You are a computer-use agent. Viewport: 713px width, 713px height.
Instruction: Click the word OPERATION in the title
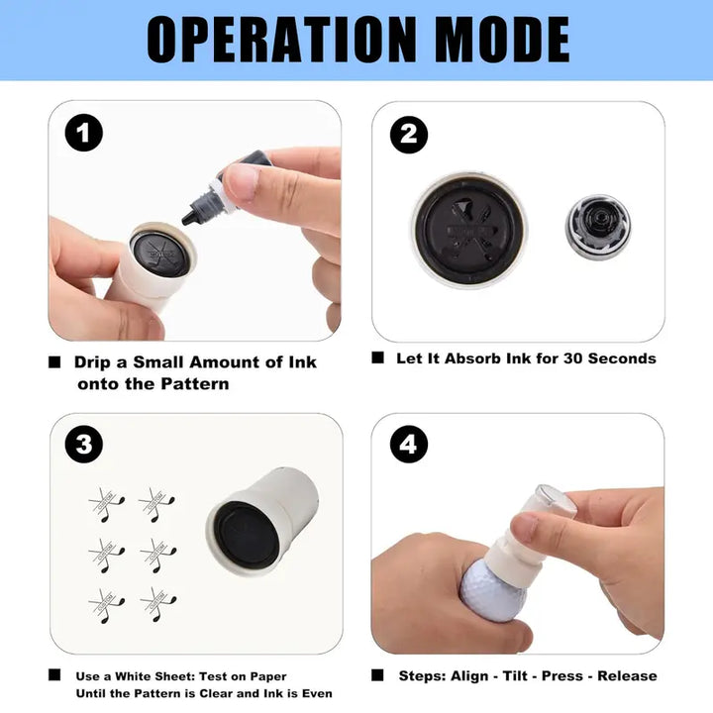(282, 40)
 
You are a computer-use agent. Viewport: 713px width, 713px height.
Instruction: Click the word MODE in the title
(502, 40)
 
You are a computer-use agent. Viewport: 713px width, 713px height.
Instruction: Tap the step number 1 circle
(83, 133)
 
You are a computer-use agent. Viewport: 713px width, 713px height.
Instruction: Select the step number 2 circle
(409, 135)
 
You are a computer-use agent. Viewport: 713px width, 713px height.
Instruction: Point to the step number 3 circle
(83, 445)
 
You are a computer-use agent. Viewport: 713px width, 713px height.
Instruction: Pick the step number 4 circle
(409, 445)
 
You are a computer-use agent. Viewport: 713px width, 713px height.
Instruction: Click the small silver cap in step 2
(598, 227)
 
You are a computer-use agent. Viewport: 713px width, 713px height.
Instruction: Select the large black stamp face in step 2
(468, 230)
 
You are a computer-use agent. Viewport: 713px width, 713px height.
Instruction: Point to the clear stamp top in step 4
(555, 499)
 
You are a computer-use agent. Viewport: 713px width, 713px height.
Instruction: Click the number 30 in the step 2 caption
(573, 358)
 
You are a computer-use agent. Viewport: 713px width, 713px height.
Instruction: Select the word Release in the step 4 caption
(627, 675)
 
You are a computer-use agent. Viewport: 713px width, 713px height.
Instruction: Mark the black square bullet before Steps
(377, 675)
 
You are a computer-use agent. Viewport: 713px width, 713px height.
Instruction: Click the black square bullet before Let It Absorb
(377, 357)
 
